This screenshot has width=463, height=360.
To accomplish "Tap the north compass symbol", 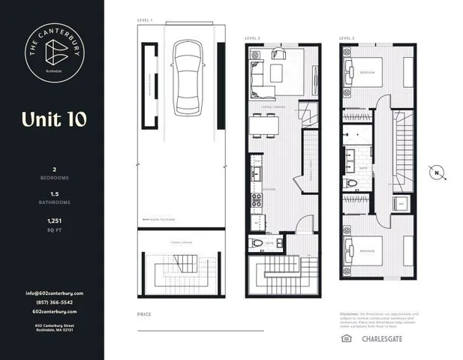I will click(437, 173).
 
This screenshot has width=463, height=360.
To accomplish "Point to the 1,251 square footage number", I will click(54, 221).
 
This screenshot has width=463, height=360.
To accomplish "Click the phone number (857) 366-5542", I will click(54, 302).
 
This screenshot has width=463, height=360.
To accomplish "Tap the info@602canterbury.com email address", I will click(54, 293).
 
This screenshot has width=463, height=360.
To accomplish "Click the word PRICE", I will click(144, 315).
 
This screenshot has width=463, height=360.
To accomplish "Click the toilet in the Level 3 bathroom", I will click(350, 183).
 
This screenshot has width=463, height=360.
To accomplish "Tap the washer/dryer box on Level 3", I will click(401, 203).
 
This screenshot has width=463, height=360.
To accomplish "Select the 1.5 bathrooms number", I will click(54, 193).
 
